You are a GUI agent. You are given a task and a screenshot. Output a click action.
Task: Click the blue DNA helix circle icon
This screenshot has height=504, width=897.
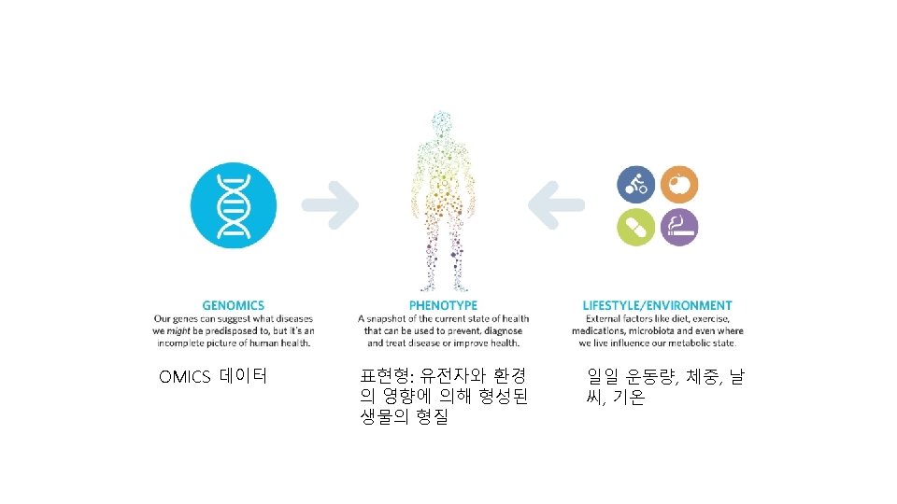234,204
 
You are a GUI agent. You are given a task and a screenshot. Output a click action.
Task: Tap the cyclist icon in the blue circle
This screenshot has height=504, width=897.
635,185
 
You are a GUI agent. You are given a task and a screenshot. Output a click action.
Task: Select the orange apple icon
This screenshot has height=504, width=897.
679,185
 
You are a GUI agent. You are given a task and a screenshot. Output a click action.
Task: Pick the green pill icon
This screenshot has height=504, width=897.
635,227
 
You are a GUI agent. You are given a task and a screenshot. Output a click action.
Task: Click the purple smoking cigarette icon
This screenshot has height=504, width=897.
679,227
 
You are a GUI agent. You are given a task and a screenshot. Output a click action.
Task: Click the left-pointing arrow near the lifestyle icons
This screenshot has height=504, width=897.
557,204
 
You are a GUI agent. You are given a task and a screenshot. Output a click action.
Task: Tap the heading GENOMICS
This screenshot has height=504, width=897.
234,305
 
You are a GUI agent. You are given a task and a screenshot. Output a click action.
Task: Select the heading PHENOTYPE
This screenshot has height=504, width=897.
443,305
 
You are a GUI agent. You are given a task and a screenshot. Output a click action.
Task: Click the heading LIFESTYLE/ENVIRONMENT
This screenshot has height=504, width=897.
658,305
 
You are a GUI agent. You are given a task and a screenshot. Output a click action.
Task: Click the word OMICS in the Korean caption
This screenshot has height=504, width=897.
186,377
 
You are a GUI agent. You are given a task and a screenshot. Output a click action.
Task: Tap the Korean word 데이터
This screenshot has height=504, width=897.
244,377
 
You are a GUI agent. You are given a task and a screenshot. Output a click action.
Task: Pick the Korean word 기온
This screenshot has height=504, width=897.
628,399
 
